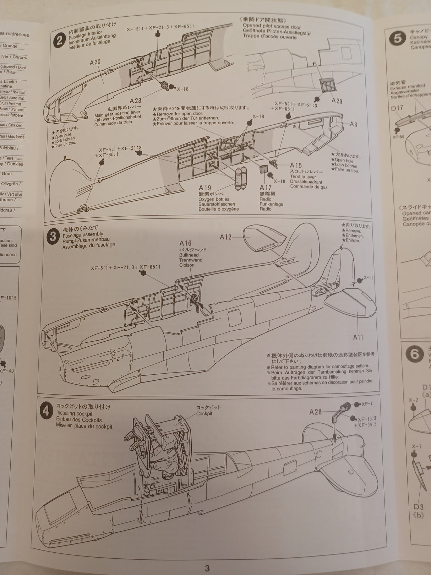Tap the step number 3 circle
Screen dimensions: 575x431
point(53,236)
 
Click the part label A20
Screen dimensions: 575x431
point(95,62)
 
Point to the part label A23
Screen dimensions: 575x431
point(136,101)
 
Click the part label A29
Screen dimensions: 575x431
point(337,101)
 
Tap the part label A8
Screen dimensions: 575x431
point(353,124)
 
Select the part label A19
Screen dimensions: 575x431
point(205,188)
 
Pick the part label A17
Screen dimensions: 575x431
point(266,188)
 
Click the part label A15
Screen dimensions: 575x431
point(296,165)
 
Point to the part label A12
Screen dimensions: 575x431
point(225,237)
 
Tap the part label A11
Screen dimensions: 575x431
point(358,337)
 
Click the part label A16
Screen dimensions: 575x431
point(185,243)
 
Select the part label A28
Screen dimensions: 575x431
point(315,412)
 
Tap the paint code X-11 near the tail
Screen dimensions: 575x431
point(368,277)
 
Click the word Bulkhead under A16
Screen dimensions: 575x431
point(189,255)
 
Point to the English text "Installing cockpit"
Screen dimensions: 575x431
point(74,413)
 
